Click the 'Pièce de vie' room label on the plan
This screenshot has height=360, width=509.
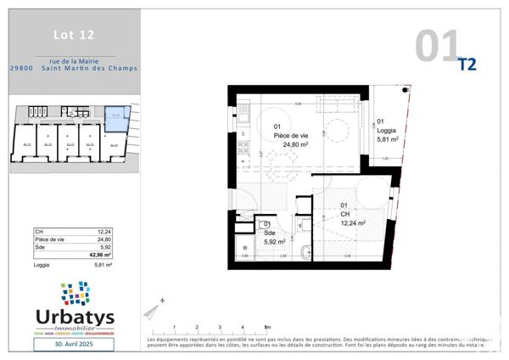pyautogui.click(x=290, y=136)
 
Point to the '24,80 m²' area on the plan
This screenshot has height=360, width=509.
pyautogui.click(x=294, y=144)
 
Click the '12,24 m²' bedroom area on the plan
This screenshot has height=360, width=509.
pyautogui.click(x=352, y=223)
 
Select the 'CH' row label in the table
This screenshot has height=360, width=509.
pyautogui.click(x=38, y=232)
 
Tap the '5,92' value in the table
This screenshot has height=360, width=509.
pyautogui.click(x=104, y=247)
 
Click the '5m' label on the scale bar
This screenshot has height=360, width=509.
pyautogui.click(x=267, y=327)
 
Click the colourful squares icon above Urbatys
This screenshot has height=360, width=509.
pyautogui.click(x=76, y=294)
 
